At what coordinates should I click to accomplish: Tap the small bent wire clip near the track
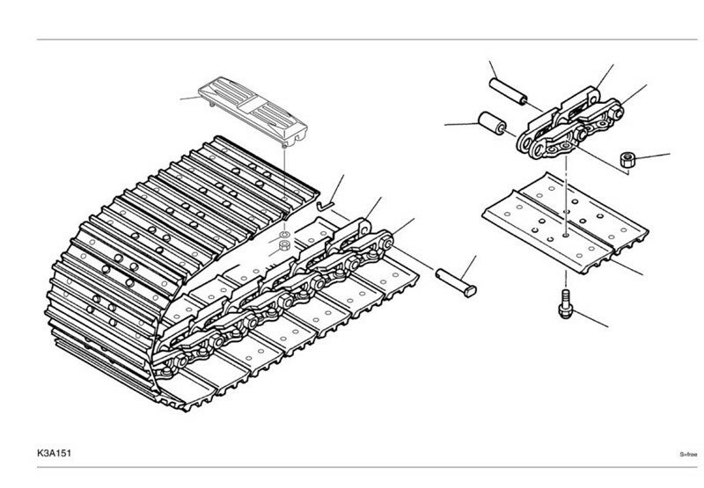(x=325, y=203)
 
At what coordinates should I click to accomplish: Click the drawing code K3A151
(x=55, y=455)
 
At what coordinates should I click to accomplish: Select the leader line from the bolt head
(x=591, y=315)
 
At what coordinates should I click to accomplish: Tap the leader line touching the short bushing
(x=461, y=125)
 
